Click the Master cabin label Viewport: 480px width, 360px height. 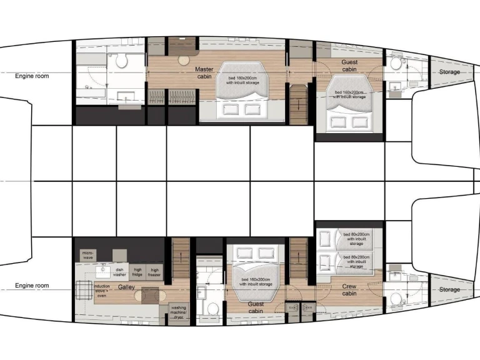(x=204, y=72)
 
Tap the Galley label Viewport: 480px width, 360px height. (x=127, y=287)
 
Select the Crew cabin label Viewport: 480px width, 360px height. (x=349, y=289)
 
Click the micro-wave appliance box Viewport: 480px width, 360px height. (x=87, y=255)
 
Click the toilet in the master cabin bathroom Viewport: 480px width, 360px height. (x=121, y=61)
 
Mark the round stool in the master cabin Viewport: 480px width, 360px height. (x=184, y=61)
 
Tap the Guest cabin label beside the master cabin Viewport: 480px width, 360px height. (x=349, y=66)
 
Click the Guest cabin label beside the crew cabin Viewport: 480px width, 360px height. (x=256, y=307)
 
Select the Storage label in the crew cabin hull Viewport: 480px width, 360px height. (x=449, y=289)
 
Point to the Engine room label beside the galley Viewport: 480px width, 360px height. (x=32, y=286)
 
